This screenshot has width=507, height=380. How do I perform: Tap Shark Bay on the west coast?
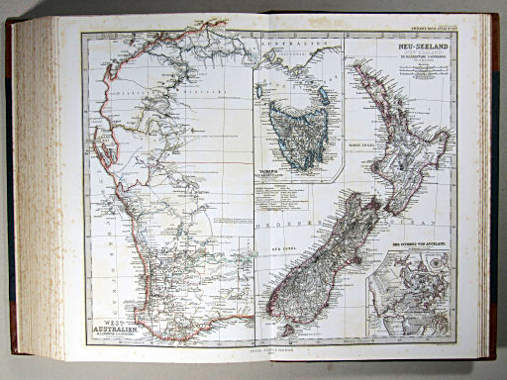(98, 148)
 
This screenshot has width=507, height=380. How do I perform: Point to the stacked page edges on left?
(38, 188)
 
